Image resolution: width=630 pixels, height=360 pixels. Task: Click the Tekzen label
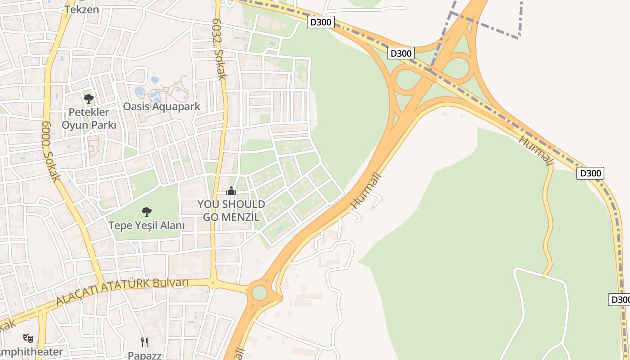[81, 9]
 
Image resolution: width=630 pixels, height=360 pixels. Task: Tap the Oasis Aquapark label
[162, 107]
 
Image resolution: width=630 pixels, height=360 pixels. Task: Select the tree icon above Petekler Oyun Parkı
[89, 99]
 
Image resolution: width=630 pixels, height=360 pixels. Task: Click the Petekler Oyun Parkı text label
[89, 118]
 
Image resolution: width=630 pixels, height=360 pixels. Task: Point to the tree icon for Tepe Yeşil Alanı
[146, 211]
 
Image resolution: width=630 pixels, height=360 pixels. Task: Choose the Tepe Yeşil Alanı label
[146, 225]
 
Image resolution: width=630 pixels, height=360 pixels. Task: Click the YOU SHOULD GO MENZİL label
[231, 211]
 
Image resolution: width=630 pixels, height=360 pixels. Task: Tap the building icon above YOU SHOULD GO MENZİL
[231, 191]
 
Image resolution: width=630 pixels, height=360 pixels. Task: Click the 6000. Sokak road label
[51, 151]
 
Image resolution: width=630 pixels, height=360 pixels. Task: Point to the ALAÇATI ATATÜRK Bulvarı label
[121, 292]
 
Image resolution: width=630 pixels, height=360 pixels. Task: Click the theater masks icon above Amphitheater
[28, 337]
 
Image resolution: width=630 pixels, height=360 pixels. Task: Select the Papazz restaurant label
[144, 355]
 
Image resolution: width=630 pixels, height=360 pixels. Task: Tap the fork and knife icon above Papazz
[144, 342]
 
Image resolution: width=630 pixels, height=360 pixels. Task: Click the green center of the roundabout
[259, 292]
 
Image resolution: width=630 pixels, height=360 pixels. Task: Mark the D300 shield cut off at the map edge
[620, 299]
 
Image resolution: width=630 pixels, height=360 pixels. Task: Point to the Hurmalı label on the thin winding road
[535, 150]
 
